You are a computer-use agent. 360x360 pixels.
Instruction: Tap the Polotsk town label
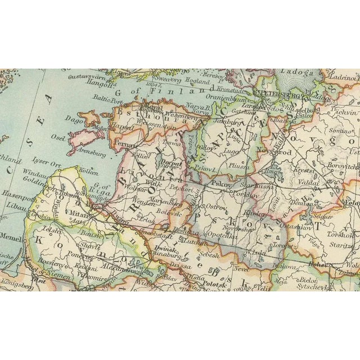(213, 284)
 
